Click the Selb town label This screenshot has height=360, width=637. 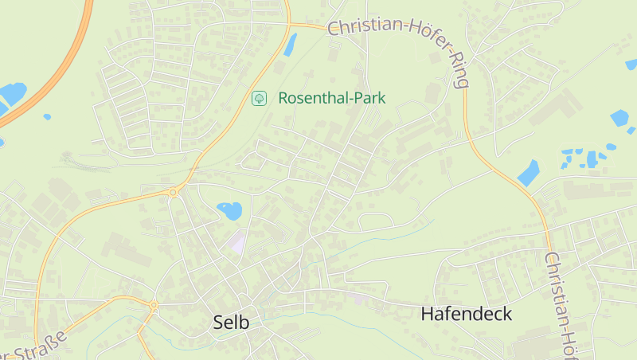231,323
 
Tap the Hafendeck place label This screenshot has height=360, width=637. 466,314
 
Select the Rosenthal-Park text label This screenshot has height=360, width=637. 331,98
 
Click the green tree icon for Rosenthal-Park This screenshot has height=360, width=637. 259,98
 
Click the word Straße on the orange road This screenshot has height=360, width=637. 38,342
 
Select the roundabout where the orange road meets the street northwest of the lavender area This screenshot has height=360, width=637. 173,192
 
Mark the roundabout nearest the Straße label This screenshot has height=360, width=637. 154,305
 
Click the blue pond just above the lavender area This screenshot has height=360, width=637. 230,210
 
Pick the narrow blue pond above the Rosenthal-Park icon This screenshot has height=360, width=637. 290,45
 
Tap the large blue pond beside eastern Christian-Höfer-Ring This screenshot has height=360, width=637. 528,172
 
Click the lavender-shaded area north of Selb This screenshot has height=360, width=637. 238,241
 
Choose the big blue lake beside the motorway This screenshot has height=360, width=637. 11,94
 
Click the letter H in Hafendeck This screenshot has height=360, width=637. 427,314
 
